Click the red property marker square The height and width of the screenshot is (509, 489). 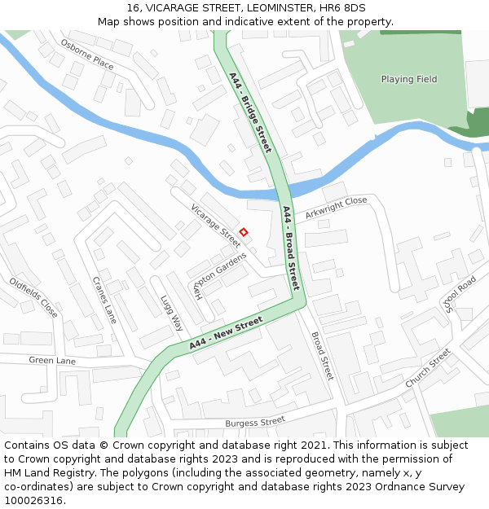tap(243, 232)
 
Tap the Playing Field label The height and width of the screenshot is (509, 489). tap(409, 79)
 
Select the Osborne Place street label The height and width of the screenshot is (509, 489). tap(87, 55)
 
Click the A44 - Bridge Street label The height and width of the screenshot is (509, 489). tap(249, 112)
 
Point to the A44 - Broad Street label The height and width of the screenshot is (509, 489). tap(291, 248)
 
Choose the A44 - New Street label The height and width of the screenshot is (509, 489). tap(227, 332)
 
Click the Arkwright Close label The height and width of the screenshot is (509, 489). tap(337, 208)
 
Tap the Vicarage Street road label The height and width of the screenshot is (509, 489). tap(215, 225)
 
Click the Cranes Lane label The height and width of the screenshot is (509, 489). tap(104, 300)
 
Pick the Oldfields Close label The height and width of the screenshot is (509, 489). tap(33, 297)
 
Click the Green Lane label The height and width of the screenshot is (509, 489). tap(52, 360)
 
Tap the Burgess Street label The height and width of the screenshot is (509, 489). tap(255, 422)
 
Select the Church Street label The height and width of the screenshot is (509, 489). tap(428, 368)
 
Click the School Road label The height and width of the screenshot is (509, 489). tap(460, 293)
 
